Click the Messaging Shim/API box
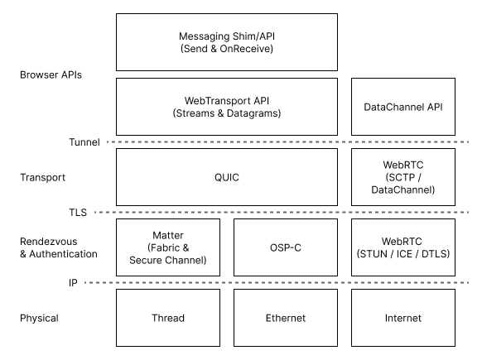coord(227,41)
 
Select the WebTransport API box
coord(227,107)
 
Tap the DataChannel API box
coord(403,107)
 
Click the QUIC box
coord(227,177)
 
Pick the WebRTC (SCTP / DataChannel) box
coord(403,177)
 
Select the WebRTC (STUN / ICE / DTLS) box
coord(403,247)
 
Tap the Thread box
coord(169,318)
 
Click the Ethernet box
coord(286,318)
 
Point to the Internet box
coord(403,318)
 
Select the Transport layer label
coord(43,177)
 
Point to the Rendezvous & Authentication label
coord(58,247)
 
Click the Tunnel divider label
coord(84,142)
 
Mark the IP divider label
coord(73,283)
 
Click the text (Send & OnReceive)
coord(227,49)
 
